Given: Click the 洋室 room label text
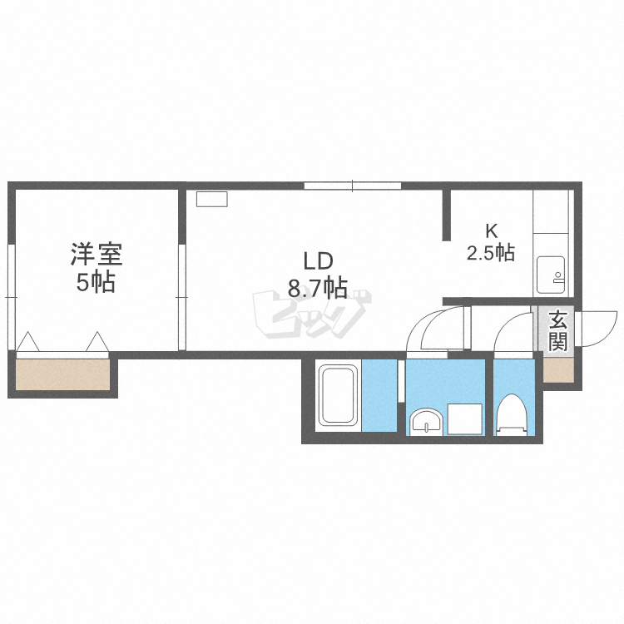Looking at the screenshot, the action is click(97, 254).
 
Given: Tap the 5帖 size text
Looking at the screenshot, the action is click(96, 282).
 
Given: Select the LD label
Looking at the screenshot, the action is click(318, 261).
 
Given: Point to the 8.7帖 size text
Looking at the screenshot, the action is click(318, 288).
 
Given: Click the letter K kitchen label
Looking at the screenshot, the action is click(492, 230).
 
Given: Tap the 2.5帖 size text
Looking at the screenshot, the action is click(491, 253).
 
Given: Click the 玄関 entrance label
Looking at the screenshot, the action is click(558, 331).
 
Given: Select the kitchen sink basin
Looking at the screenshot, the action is click(551, 275).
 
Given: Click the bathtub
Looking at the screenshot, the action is click(339, 395).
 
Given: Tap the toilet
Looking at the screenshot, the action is click(512, 414).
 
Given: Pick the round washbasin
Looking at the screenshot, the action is click(426, 422).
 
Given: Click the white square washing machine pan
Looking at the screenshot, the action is click(465, 419).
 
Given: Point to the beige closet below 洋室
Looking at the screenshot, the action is click(63, 374).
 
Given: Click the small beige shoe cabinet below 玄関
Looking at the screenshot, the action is click(558, 370).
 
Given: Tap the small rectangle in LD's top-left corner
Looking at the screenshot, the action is click(211, 199).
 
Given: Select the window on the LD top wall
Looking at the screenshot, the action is click(353, 186).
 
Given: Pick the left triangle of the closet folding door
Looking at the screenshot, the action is click(27, 342).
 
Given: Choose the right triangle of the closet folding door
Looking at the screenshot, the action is click(97, 342).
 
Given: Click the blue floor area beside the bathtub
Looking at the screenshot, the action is click(379, 395).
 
